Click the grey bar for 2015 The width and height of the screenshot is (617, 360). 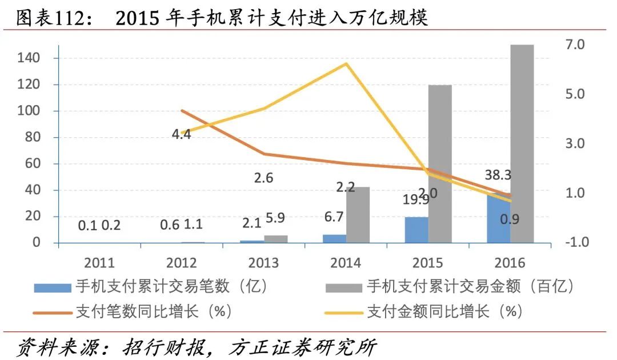(x=440, y=164)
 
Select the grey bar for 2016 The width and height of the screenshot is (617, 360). (x=522, y=143)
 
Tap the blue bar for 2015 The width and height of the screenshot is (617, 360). (x=416, y=230)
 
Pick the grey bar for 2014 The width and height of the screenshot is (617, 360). (x=358, y=215)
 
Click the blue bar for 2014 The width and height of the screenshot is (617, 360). (x=334, y=238)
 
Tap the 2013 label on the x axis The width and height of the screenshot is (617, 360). (x=264, y=263)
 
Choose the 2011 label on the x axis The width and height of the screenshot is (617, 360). (x=99, y=263)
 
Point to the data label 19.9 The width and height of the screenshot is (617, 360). (x=415, y=200)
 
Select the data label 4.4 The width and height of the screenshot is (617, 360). (x=181, y=135)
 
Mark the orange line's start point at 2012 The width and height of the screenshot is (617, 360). (x=182, y=111)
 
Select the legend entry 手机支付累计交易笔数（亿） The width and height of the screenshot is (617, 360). (x=171, y=285)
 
